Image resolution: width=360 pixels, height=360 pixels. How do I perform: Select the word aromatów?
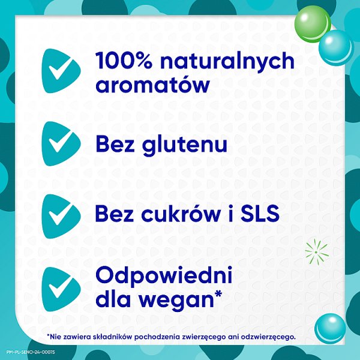click(x=152, y=84)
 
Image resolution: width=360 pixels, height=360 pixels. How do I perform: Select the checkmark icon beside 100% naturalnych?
click(x=61, y=71)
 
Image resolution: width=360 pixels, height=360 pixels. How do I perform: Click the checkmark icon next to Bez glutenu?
click(x=61, y=142)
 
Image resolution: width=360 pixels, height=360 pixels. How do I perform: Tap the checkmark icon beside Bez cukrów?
click(x=61, y=212)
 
